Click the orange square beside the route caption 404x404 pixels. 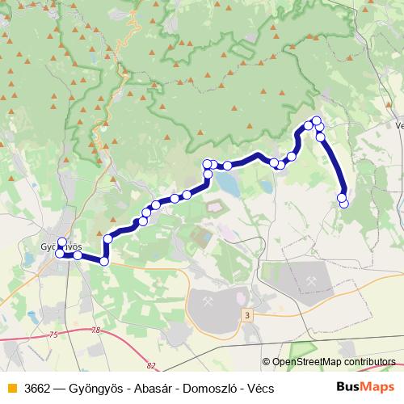pos(11,389)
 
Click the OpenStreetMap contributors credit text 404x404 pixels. pos(333,363)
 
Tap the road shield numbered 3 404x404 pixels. pos(246,313)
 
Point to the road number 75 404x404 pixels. pos(53,335)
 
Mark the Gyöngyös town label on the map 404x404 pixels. pos(61,246)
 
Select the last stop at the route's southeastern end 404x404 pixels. pos(343,203)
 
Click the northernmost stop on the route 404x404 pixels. pos(317,121)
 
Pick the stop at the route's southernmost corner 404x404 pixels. pos(104,260)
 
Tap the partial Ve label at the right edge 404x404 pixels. pos(399,126)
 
